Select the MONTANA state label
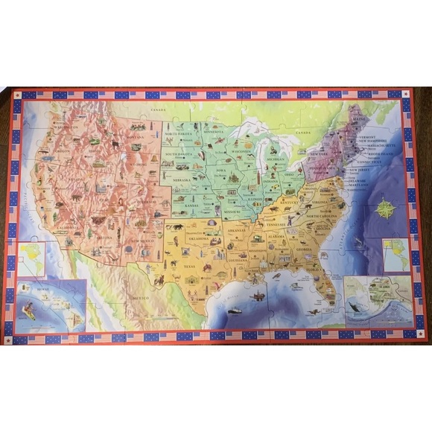tap(135, 139)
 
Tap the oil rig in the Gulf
tap(258, 296)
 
